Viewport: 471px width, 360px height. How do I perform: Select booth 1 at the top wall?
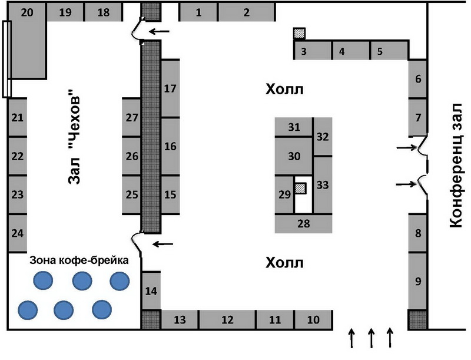(198, 12)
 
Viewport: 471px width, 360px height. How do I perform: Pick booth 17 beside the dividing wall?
(170, 88)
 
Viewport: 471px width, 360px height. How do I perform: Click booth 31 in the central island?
(294, 127)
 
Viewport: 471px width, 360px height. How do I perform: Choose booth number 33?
(322, 184)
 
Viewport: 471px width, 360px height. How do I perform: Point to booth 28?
(304, 223)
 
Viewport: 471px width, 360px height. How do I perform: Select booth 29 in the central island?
(284, 194)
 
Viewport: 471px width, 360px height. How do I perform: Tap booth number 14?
(151, 290)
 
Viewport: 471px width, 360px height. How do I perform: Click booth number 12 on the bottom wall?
(227, 320)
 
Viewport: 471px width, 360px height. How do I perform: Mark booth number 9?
(418, 281)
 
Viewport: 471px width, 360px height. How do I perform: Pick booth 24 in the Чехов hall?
(18, 232)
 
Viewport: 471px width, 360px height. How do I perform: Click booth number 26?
(132, 156)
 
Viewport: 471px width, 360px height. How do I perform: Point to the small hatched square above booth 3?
(300, 34)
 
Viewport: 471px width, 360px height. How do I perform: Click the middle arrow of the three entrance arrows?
(372, 338)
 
